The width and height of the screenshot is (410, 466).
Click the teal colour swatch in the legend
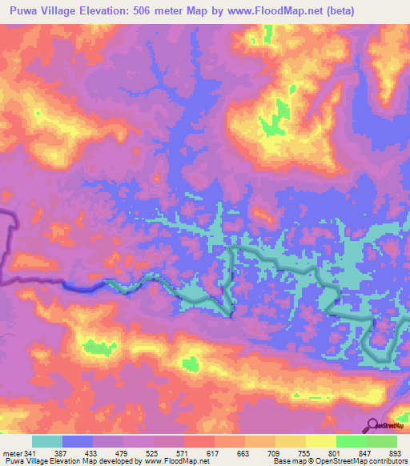[47, 441]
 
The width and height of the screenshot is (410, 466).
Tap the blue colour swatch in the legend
[78, 441]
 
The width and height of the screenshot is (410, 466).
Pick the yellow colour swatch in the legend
[321, 441]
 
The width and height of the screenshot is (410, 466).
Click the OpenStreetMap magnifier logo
[372, 426]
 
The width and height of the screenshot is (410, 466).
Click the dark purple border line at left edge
[10, 240]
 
